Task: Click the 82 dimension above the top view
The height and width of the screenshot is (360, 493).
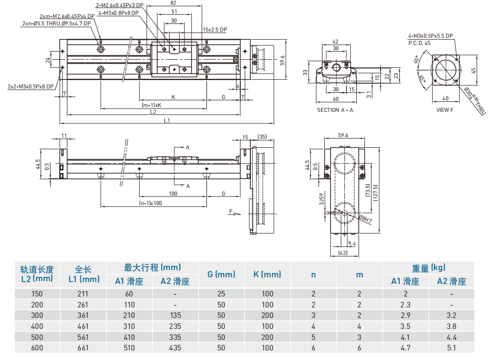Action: click(173, 3)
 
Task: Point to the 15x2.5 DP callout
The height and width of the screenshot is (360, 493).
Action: click(214, 30)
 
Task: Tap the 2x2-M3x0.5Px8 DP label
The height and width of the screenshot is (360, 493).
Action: click(31, 87)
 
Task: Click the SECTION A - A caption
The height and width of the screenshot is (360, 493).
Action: click(335, 110)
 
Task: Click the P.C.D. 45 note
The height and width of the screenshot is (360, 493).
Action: click(419, 43)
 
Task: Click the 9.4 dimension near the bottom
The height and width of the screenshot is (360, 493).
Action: click(352, 243)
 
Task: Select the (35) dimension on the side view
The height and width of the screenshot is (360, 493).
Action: click(262, 137)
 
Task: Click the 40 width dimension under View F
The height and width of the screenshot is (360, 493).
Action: click(445, 99)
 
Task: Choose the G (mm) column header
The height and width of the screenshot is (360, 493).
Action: click(221, 274)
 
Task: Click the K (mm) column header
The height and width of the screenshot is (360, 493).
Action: click(267, 274)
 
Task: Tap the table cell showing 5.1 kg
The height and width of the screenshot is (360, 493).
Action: click(451, 348)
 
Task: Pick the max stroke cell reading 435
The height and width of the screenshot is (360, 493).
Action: click(175, 348)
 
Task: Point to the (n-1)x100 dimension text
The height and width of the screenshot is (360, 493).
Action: click(150, 203)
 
